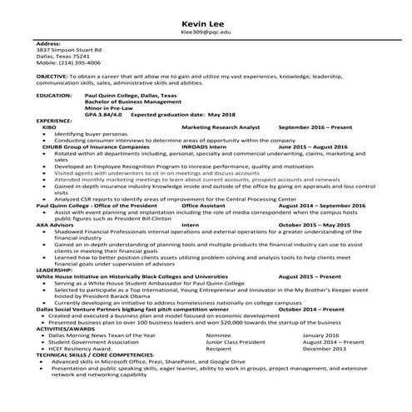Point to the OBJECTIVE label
point(52,76)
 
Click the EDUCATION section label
point(55,96)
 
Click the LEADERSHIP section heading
point(54,271)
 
